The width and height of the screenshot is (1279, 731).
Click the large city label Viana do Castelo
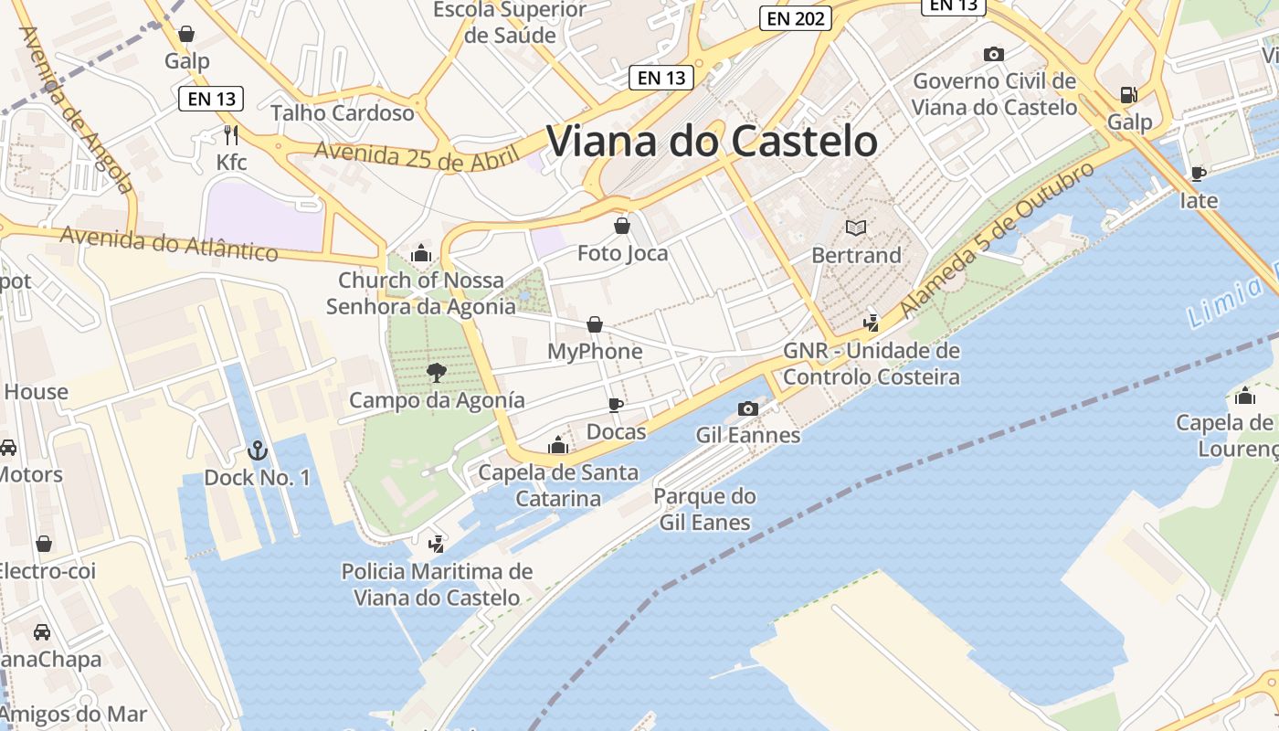(712, 142)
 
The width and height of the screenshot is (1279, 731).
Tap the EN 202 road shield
(794, 17)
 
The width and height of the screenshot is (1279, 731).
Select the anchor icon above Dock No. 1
(257, 450)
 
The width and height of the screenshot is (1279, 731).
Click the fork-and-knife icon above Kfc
(231, 135)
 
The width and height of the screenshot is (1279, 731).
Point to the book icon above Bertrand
(856, 228)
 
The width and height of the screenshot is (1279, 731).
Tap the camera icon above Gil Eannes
(748, 408)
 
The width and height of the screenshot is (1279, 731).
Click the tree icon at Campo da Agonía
(437, 372)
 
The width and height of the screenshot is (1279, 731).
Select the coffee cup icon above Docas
(616, 405)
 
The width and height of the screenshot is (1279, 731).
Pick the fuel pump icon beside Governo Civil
(1129, 94)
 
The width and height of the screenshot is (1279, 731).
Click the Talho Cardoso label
(343, 113)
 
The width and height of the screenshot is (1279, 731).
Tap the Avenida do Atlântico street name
(169, 244)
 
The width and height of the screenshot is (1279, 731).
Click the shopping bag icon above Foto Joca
(622, 226)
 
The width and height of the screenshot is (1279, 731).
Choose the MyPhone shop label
(595, 352)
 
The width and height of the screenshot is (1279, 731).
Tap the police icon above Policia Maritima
(437, 545)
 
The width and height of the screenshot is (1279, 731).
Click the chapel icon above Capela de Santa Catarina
(558, 446)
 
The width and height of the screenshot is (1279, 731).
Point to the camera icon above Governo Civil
(994, 55)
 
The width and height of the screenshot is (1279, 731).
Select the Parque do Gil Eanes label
(704, 510)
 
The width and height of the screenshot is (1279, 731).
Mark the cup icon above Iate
(1199, 173)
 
